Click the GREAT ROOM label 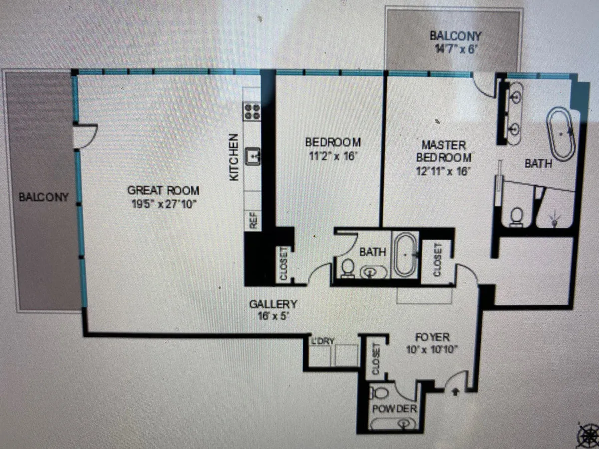(163, 190)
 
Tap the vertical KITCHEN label (234, 157)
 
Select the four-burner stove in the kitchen (253, 111)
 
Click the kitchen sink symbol (253, 156)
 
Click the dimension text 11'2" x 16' (333, 157)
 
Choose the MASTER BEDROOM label (444, 151)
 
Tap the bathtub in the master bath (561, 134)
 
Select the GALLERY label (273, 304)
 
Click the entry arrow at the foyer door (455, 392)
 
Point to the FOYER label (432, 337)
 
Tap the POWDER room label (395, 409)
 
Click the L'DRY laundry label (322, 341)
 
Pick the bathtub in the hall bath (405, 255)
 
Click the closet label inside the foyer (376, 359)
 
